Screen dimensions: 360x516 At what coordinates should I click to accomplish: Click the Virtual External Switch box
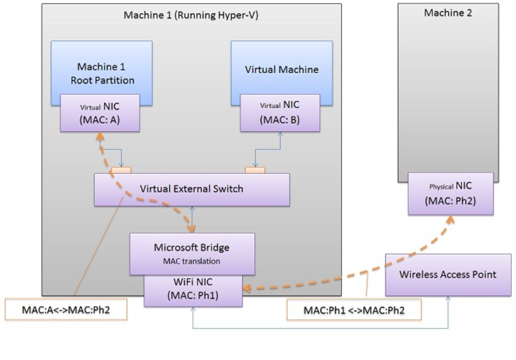(192, 189)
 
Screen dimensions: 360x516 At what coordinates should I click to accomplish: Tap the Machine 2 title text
(448, 13)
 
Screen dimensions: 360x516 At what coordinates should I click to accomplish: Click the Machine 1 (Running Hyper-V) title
(191, 15)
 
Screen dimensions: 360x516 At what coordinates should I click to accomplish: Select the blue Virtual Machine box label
(281, 69)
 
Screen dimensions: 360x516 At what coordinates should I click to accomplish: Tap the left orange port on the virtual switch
(121, 170)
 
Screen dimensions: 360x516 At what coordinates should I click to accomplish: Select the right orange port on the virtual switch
(255, 170)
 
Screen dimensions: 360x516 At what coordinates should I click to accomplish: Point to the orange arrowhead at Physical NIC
(450, 220)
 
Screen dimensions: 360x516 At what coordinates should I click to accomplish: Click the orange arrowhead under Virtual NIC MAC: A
(100, 136)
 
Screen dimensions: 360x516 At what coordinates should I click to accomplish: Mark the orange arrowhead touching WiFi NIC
(247, 288)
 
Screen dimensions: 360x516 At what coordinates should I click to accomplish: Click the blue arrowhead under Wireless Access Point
(449, 299)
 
